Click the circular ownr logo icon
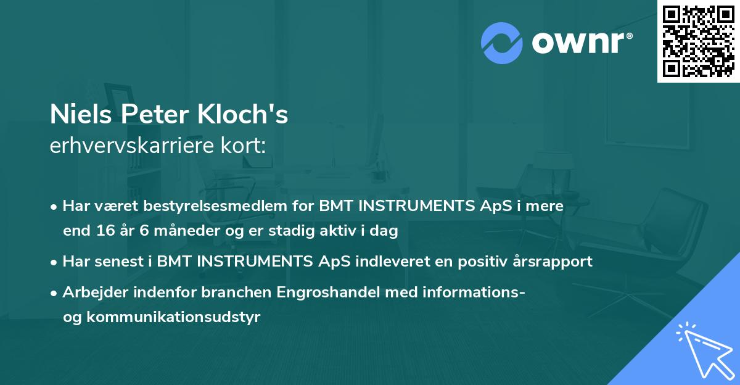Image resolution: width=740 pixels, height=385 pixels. coord(502,43)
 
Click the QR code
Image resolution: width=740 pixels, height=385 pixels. coord(699,41)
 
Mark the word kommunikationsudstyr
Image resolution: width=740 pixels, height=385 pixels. coord(173,318)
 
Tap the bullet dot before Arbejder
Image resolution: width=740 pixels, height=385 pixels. coord(55,292)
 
